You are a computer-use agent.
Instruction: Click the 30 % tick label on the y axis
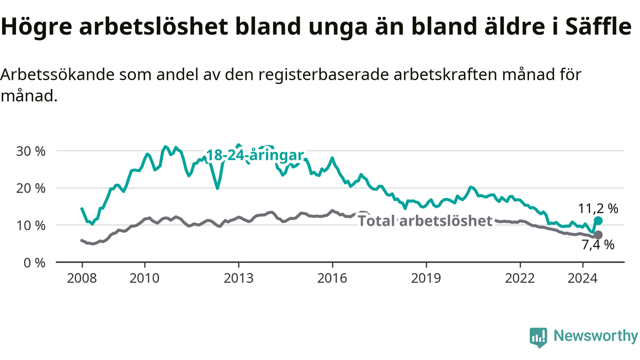pos(30,151)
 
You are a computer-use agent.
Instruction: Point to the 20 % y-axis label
pos(30,188)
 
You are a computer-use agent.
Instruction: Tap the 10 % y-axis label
pos(30,225)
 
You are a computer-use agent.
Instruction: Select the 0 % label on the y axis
pos(34,263)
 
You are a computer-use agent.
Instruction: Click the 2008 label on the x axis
pos(82,278)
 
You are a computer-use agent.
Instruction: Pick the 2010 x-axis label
pos(144,278)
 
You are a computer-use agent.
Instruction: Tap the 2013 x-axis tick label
pos(238,278)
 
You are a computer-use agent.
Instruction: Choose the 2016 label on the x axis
pos(332,278)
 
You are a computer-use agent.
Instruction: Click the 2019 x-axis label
pos(426,278)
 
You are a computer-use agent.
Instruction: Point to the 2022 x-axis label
pos(519,278)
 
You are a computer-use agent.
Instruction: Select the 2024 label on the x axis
pos(582,278)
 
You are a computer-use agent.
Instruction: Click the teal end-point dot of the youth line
pos(598,220)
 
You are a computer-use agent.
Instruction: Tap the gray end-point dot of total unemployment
pos(598,235)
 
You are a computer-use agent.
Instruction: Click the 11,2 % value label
pos(598,208)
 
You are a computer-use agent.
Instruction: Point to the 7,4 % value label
pos(598,245)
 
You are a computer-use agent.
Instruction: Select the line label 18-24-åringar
pos(255,155)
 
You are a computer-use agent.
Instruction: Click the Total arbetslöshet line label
pos(425,220)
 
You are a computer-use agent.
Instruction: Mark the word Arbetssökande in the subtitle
pos(57,74)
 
